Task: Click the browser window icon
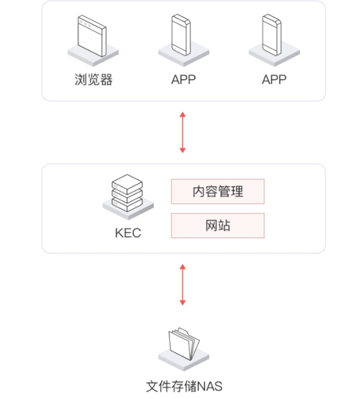coord(92,36)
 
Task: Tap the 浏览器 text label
coord(93,80)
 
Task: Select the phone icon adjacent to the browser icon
coord(181,35)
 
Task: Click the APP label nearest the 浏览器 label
coord(183,80)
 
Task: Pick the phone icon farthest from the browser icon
coord(272,35)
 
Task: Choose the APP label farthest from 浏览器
coord(274,80)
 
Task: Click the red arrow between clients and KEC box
coord(182,133)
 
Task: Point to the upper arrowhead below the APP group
coord(182,115)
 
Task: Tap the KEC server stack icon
coord(127,193)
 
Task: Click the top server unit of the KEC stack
coord(127,183)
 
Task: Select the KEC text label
coord(128,233)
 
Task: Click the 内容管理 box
coord(217,191)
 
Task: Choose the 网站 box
coord(217,225)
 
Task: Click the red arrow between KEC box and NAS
coord(182,284)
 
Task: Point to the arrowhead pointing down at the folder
coord(182,303)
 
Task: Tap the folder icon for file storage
coord(184,344)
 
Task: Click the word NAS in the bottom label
coord(210,387)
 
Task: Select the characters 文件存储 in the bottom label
coord(172,387)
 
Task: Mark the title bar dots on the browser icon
coord(85,24)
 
